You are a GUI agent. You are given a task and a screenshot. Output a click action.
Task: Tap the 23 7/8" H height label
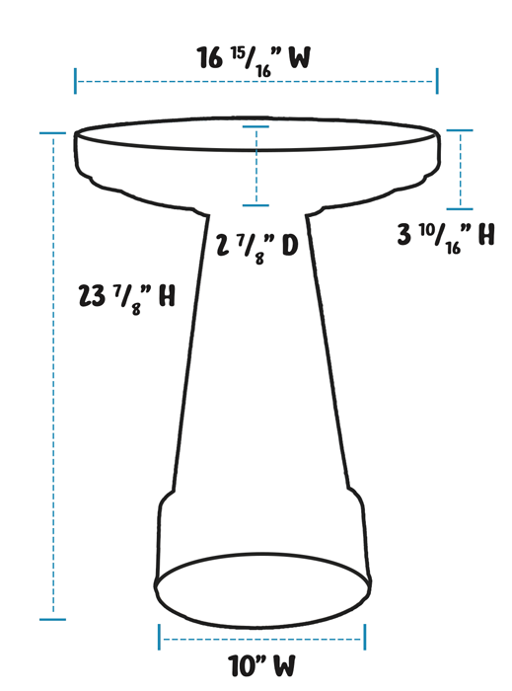point(127,295)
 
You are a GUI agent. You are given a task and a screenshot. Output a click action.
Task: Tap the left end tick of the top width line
point(76,81)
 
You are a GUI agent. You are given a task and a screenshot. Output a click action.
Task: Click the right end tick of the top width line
point(436,81)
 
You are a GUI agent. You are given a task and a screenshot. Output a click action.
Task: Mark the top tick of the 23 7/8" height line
point(52,132)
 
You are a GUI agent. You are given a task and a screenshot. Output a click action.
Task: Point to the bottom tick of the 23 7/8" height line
point(52,619)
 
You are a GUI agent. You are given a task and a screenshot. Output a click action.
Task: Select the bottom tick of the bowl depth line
point(256,205)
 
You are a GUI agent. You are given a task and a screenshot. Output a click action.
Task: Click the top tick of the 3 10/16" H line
point(459,130)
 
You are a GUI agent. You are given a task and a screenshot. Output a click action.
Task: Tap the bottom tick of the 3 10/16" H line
point(459,208)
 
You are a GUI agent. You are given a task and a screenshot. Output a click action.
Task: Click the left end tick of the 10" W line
point(160,638)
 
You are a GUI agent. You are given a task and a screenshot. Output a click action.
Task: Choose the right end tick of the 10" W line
point(365,638)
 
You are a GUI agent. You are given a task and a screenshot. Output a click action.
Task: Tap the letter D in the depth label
point(289,246)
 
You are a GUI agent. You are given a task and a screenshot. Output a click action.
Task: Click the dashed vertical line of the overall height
point(52,395)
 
